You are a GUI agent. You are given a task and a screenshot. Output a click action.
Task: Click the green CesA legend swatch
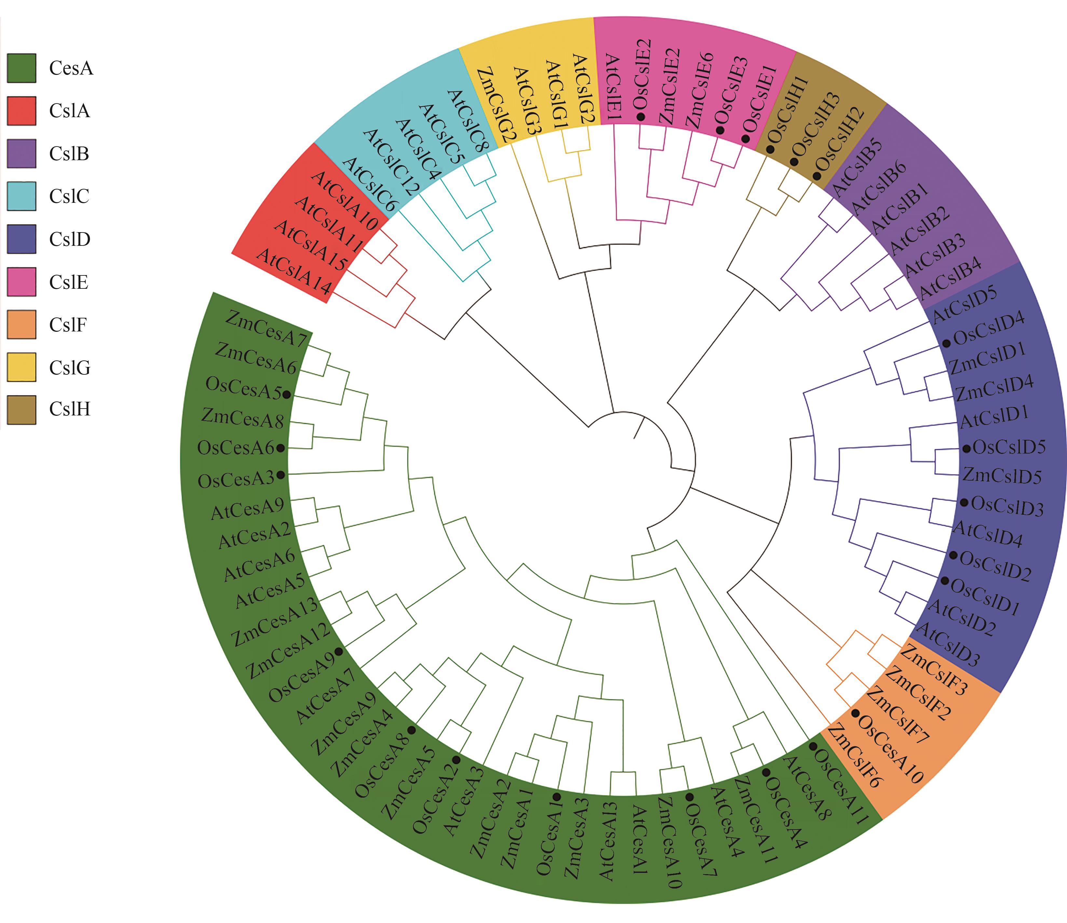pyautogui.click(x=21, y=68)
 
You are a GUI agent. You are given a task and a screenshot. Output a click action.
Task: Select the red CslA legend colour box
pyautogui.click(x=21, y=111)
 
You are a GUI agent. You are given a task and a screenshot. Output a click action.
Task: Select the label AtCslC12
pyautogui.click(x=391, y=162)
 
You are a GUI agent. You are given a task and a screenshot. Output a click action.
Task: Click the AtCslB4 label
pyautogui.click(x=950, y=278)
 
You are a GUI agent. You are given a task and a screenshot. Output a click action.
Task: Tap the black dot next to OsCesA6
pyautogui.click(x=280, y=448)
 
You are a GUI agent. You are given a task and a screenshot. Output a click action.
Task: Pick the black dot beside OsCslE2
pyautogui.click(x=641, y=117)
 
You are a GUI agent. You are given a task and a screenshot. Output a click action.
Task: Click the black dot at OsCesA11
pyautogui.click(x=812, y=746)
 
